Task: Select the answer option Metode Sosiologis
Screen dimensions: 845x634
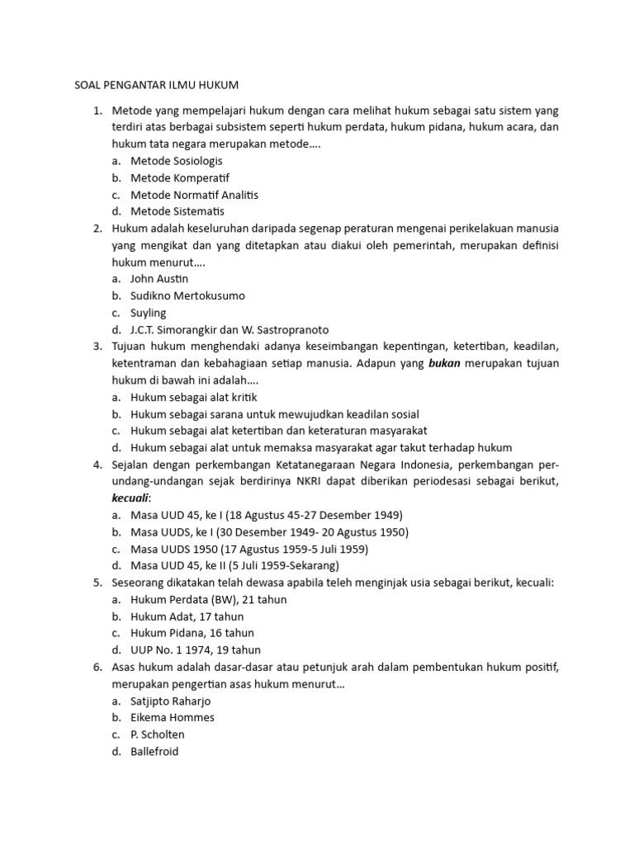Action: pyautogui.click(x=176, y=161)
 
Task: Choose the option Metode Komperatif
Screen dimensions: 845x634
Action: pyautogui.click(x=179, y=177)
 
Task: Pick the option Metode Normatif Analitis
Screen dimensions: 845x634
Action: pyautogui.click(x=194, y=195)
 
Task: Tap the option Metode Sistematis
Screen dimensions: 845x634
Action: pyautogui.click(x=177, y=211)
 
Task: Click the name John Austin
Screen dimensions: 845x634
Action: pyautogui.click(x=159, y=279)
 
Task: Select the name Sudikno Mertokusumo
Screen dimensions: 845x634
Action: pyautogui.click(x=187, y=295)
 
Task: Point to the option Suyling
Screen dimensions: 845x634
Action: pyautogui.click(x=148, y=313)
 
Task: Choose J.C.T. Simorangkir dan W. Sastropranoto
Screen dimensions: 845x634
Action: pyautogui.click(x=223, y=329)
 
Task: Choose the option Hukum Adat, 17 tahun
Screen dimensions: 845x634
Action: pyautogui.click(x=187, y=616)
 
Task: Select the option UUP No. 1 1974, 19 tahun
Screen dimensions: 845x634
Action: pyautogui.click(x=195, y=650)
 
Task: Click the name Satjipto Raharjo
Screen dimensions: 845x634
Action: pyautogui.click(x=170, y=701)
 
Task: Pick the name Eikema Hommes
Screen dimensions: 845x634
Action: pyautogui.click(x=172, y=717)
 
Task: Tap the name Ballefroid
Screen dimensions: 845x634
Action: pyautogui.click(x=154, y=751)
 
